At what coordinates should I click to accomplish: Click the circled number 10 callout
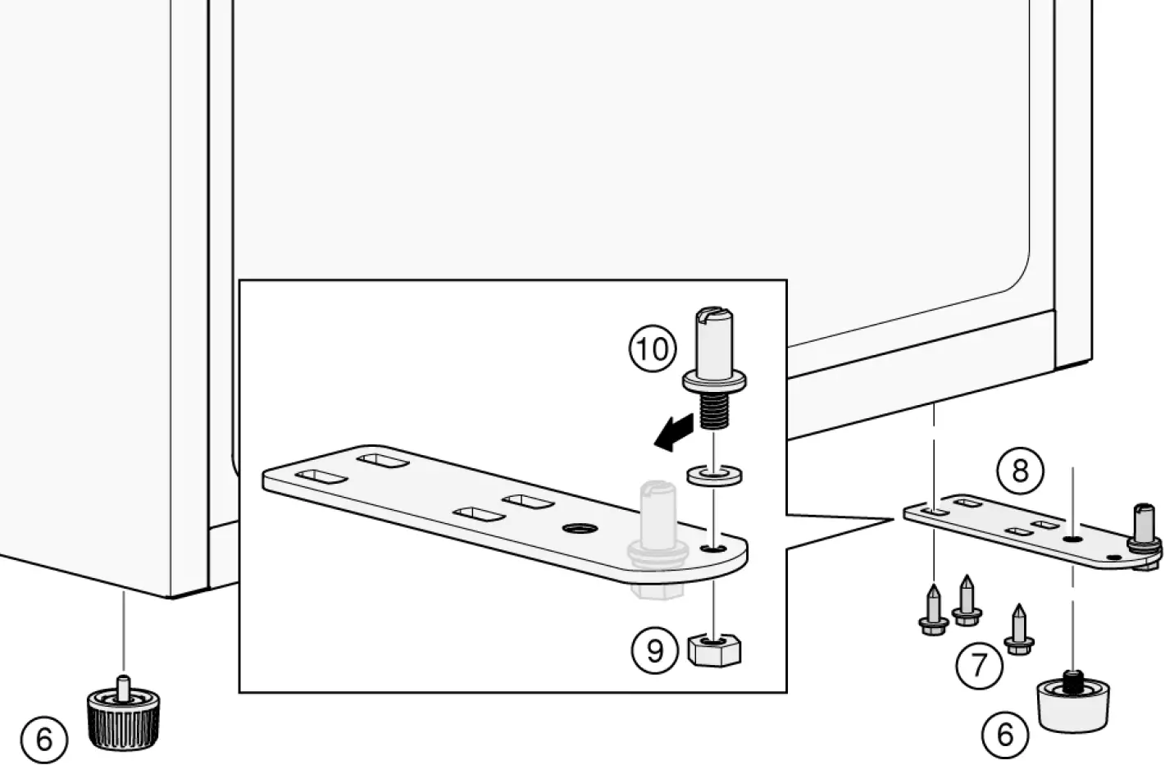(652, 349)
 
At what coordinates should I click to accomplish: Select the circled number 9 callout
(654, 650)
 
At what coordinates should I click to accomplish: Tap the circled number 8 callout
(1019, 471)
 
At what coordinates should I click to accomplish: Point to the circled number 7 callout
(979, 665)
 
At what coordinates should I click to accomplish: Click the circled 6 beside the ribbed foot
(43, 740)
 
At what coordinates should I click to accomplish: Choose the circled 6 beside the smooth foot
(1004, 734)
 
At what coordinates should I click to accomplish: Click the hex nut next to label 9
(715, 650)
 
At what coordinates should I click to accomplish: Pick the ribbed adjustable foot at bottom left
(123, 717)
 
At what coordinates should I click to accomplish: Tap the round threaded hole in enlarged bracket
(578, 529)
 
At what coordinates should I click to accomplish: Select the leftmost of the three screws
(933, 610)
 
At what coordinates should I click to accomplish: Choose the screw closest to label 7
(1018, 631)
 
